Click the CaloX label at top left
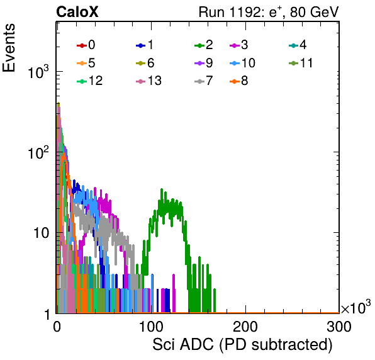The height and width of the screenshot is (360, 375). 77,12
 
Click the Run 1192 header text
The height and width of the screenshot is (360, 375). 269,12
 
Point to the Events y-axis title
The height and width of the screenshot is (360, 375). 9,48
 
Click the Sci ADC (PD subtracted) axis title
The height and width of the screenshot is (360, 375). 242,345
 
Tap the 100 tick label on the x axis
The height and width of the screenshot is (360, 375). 152,327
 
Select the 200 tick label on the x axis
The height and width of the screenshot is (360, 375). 245,327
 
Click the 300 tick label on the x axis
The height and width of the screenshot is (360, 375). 339,327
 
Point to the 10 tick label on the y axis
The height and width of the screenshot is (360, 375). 41,233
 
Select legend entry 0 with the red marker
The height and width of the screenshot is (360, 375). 86,45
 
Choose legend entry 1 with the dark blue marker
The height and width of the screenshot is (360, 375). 145,45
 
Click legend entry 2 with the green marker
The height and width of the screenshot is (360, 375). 203,45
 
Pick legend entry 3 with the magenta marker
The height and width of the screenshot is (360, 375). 238,45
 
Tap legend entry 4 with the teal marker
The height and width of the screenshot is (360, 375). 298,45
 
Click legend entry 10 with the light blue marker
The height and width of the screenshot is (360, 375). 242,63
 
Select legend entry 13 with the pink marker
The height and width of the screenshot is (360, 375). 148,81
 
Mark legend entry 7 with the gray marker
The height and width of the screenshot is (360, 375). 203,81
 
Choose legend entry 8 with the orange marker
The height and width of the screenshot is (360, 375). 238,81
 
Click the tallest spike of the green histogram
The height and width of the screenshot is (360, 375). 162,189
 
